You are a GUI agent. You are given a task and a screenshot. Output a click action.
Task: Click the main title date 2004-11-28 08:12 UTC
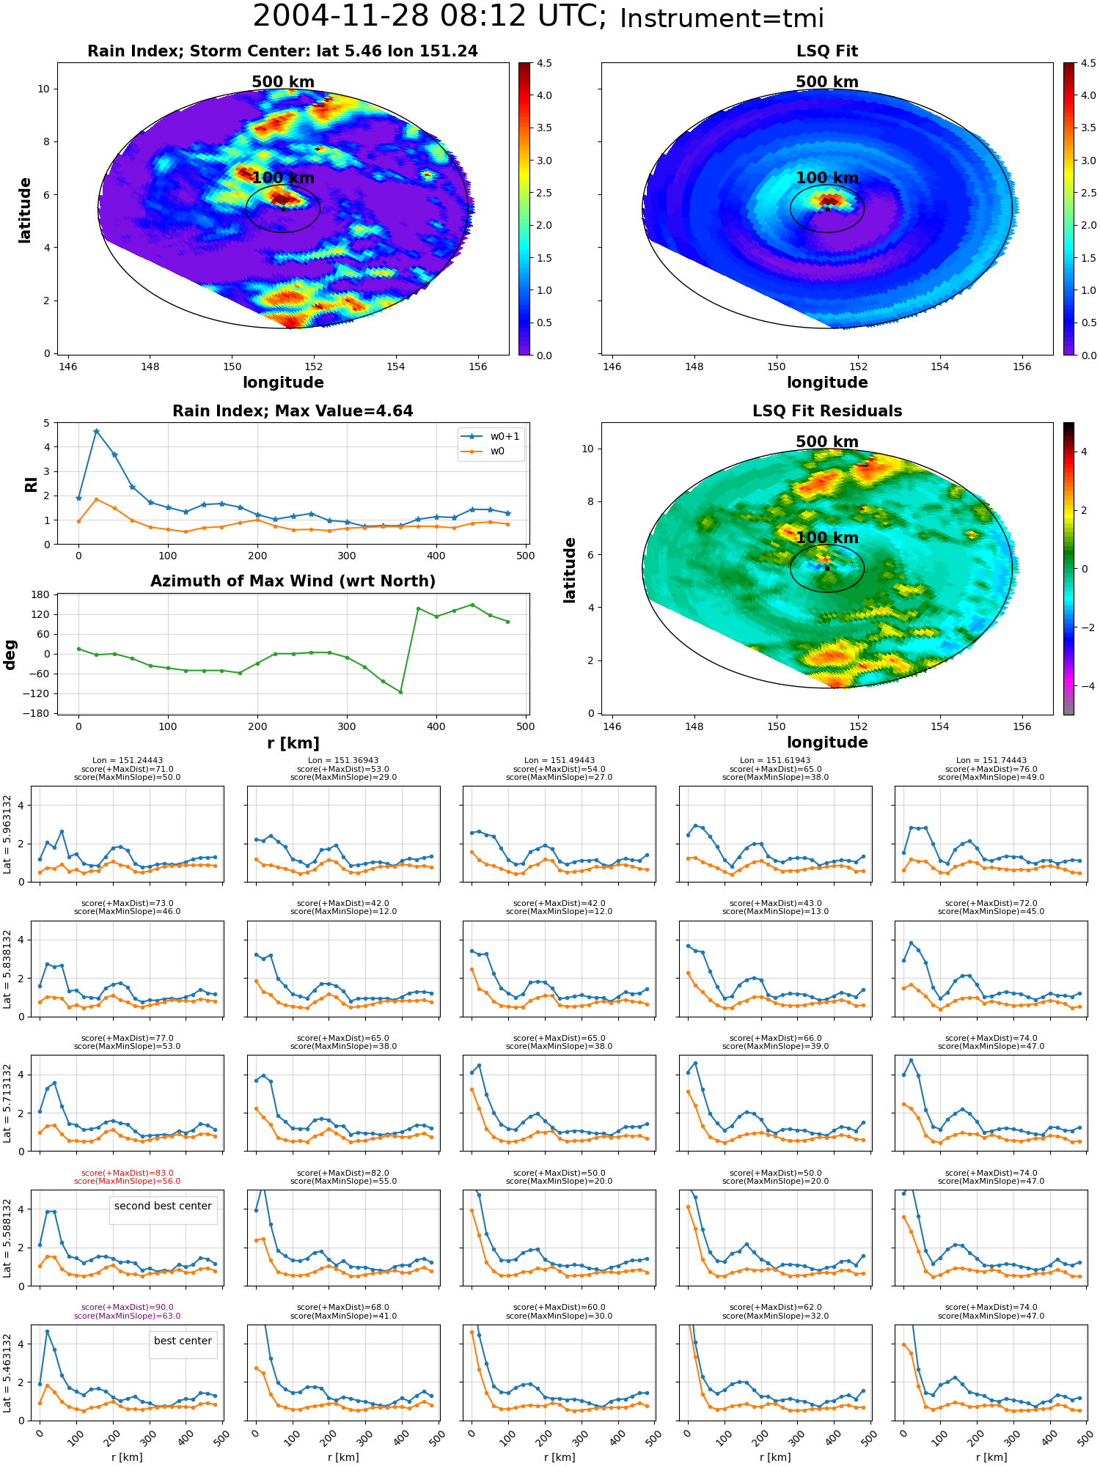tap(430, 17)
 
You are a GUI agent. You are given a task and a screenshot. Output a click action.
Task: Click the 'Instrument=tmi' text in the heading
tap(722, 18)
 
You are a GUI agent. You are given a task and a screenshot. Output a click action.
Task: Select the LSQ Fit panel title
tap(827, 51)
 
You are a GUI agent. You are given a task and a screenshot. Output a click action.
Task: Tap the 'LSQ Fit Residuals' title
tap(827, 411)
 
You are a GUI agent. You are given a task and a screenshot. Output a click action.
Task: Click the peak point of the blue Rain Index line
tap(96, 431)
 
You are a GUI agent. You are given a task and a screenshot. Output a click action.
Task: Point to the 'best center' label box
tap(183, 1341)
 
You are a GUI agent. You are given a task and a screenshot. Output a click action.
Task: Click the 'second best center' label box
tap(163, 1206)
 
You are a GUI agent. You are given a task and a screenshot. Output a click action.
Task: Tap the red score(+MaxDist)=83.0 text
tap(128, 1173)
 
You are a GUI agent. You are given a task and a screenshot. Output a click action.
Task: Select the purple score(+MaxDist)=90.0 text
tap(128, 1308)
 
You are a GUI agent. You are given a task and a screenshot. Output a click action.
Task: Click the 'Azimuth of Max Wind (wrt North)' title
tap(293, 581)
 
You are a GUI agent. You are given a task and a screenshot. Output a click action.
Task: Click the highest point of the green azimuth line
tap(472, 605)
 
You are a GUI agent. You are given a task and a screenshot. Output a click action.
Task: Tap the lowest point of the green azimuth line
tap(400, 692)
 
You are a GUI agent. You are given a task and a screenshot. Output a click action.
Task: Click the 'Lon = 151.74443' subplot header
tap(991, 761)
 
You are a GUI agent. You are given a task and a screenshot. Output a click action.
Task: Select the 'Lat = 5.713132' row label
tap(7, 1103)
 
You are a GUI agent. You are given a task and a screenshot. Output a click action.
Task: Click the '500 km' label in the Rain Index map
tap(283, 82)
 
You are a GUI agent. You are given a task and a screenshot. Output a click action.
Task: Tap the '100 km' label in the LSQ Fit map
tap(827, 178)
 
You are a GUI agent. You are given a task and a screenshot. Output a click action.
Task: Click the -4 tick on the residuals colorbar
tap(1083, 686)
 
